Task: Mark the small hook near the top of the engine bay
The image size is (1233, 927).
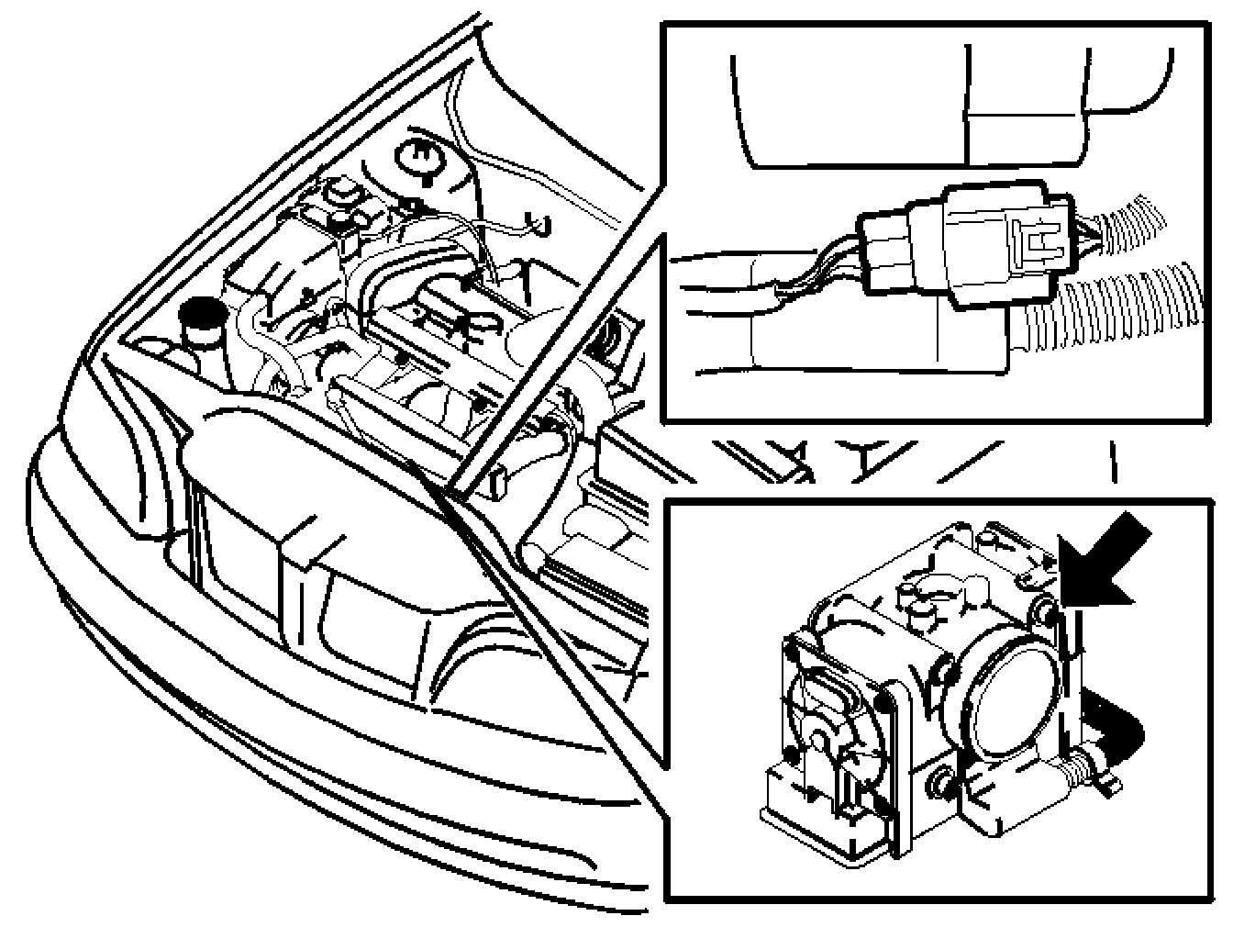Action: click(x=541, y=223)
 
